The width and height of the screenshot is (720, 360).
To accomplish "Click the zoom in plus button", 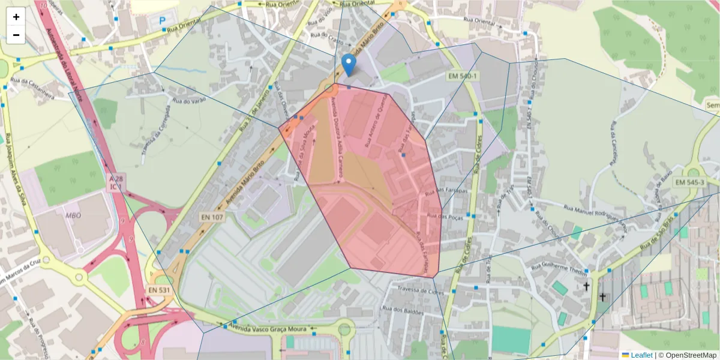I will (16, 17).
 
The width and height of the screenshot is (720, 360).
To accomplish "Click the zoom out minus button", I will (16, 35).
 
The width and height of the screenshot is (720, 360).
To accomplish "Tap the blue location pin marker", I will (348, 65).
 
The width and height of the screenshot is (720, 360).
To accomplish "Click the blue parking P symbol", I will (163, 20).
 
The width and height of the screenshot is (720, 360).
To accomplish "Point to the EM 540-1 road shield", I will (462, 76).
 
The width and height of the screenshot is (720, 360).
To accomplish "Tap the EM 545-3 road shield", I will (689, 182).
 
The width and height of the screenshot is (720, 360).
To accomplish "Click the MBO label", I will (73, 215).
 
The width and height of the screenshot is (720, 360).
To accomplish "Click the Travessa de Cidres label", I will (415, 290).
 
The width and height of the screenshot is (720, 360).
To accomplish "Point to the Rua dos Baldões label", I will (401, 311).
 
